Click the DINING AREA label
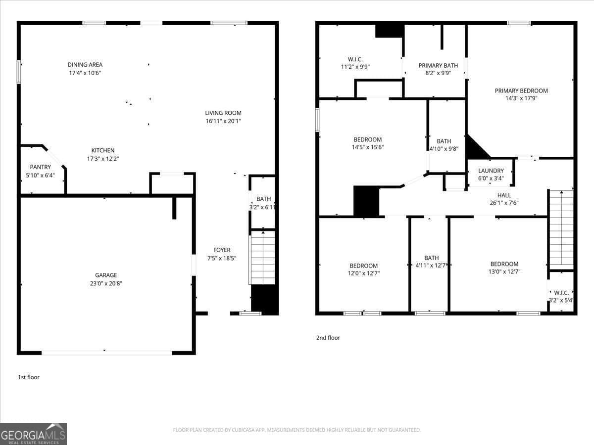pos(85,65)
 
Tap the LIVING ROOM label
pos(223,113)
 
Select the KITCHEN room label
pos(102,150)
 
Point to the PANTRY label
pos(40,167)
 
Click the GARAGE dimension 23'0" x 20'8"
pos(106,283)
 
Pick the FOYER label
pos(222,250)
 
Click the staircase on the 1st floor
pos(263,257)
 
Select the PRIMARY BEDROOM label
pos(521,90)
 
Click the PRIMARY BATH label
pos(438,65)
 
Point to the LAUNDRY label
pos(491,171)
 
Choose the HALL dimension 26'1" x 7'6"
pos(504,203)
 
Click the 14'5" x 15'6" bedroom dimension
pos(367,147)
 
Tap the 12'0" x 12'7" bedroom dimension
pos(363,273)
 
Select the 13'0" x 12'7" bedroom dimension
pos(504,271)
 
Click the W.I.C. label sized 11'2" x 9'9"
pos(355,59)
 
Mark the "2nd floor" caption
pos(328,338)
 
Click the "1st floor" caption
pos(29,377)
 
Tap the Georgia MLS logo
pos(33,434)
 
